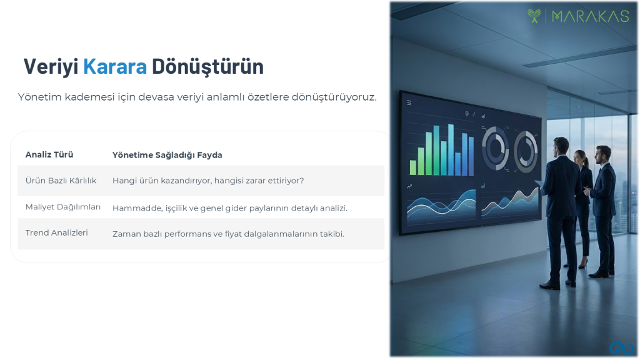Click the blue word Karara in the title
[x=115, y=66]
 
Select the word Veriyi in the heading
[x=51, y=67]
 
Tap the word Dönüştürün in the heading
[x=207, y=67]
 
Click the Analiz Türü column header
[x=49, y=155]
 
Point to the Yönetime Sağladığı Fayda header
[x=167, y=155]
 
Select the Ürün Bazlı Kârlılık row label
[x=61, y=181]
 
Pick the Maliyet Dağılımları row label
[x=63, y=207]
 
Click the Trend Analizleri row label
[x=56, y=232]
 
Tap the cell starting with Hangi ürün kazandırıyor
[x=208, y=181]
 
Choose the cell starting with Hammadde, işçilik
[x=230, y=208]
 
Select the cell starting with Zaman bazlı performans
[x=228, y=234]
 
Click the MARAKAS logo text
[x=590, y=16]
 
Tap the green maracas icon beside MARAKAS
[x=534, y=16]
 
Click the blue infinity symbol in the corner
[x=622, y=348]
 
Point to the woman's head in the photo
[x=581, y=157]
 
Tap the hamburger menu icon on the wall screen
[x=409, y=103]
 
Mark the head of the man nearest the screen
[x=561, y=146]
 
